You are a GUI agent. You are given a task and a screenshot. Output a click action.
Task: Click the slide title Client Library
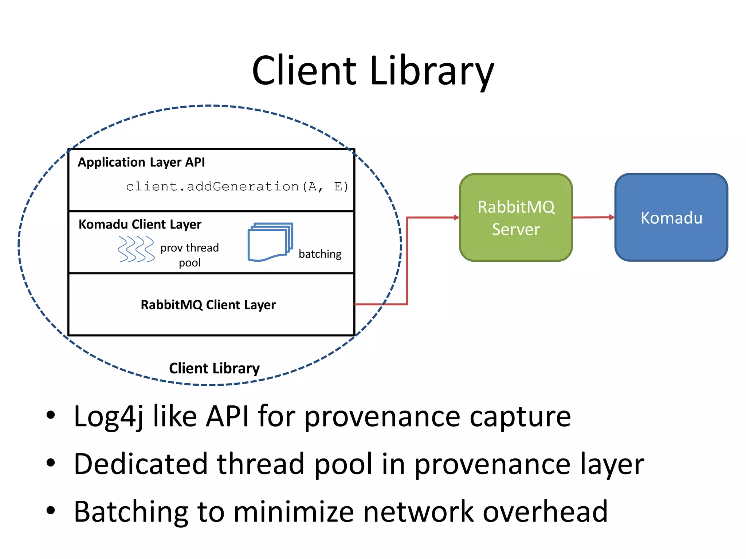[373, 71]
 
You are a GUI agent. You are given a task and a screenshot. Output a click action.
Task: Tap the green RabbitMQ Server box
[516, 218]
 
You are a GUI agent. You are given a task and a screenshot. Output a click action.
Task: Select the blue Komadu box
[671, 218]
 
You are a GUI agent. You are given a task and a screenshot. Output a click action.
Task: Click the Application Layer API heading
[141, 162]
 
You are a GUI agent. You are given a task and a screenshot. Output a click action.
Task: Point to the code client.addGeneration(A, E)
[237, 187]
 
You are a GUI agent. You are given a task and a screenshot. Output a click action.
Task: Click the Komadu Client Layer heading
[140, 225]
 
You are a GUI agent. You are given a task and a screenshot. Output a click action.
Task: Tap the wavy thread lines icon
[136, 249]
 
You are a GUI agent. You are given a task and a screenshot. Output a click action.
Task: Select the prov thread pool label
[189, 255]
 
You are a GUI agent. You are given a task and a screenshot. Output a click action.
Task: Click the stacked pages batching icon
[270, 242]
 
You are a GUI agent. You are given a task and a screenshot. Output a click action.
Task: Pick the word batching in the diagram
[320, 254]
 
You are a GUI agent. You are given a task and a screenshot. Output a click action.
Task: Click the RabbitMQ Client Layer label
[208, 305]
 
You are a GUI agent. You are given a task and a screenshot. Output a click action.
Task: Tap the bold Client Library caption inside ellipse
[214, 368]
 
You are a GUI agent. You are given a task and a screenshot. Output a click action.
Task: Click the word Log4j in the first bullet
[108, 417]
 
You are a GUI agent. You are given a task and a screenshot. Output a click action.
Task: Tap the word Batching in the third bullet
[131, 512]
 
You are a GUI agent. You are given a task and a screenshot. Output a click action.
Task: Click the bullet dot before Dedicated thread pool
[51, 463]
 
